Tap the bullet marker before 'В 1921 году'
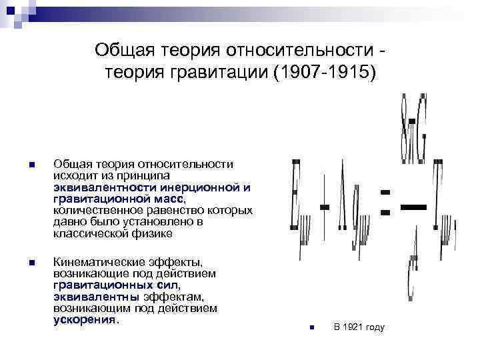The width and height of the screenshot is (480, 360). pos(311,327)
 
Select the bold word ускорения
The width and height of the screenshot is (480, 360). pos(85,319)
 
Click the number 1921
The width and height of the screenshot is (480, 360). pos(353,327)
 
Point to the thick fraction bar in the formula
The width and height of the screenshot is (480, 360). pos(413,207)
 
